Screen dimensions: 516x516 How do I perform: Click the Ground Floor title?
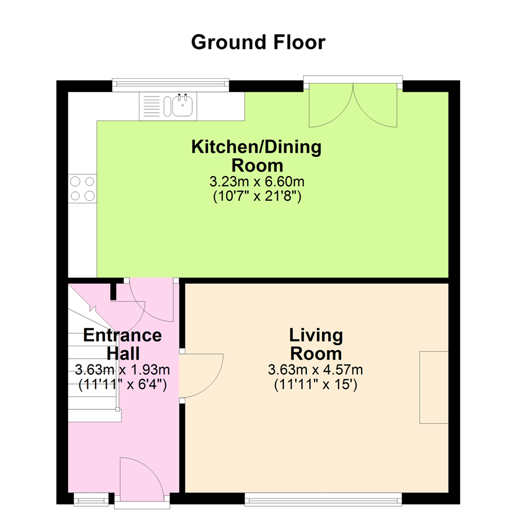click(x=258, y=43)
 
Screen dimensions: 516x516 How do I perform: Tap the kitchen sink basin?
click(x=183, y=105)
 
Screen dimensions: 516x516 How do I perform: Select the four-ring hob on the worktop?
click(x=82, y=189)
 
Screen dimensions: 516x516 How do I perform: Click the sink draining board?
click(x=152, y=106)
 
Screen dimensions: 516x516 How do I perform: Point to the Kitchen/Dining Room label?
click(x=257, y=156)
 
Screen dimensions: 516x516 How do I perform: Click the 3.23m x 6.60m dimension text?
click(x=257, y=182)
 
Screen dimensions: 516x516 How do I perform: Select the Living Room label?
click(x=316, y=344)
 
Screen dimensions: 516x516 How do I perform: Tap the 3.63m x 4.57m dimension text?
click(x=316, y=369)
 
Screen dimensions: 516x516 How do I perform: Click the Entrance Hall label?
click(x=122, y=344)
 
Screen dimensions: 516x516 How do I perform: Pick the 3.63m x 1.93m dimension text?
click(x=122, y=369)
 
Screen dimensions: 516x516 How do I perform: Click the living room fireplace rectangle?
click(x=434, y=387)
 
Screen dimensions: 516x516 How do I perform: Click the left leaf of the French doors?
click(x=331, y=105)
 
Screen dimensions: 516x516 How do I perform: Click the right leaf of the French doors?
click(x=375, y=105)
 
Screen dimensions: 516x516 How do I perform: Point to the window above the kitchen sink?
click(x=171, y=85)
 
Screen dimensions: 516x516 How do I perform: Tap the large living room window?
click(x=323, y=499)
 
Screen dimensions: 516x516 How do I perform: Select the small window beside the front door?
click(x=91, y=499)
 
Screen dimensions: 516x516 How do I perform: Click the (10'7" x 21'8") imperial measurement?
click(x=257, y=196)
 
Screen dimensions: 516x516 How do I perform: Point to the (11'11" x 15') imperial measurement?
click(x=316, y=384)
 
